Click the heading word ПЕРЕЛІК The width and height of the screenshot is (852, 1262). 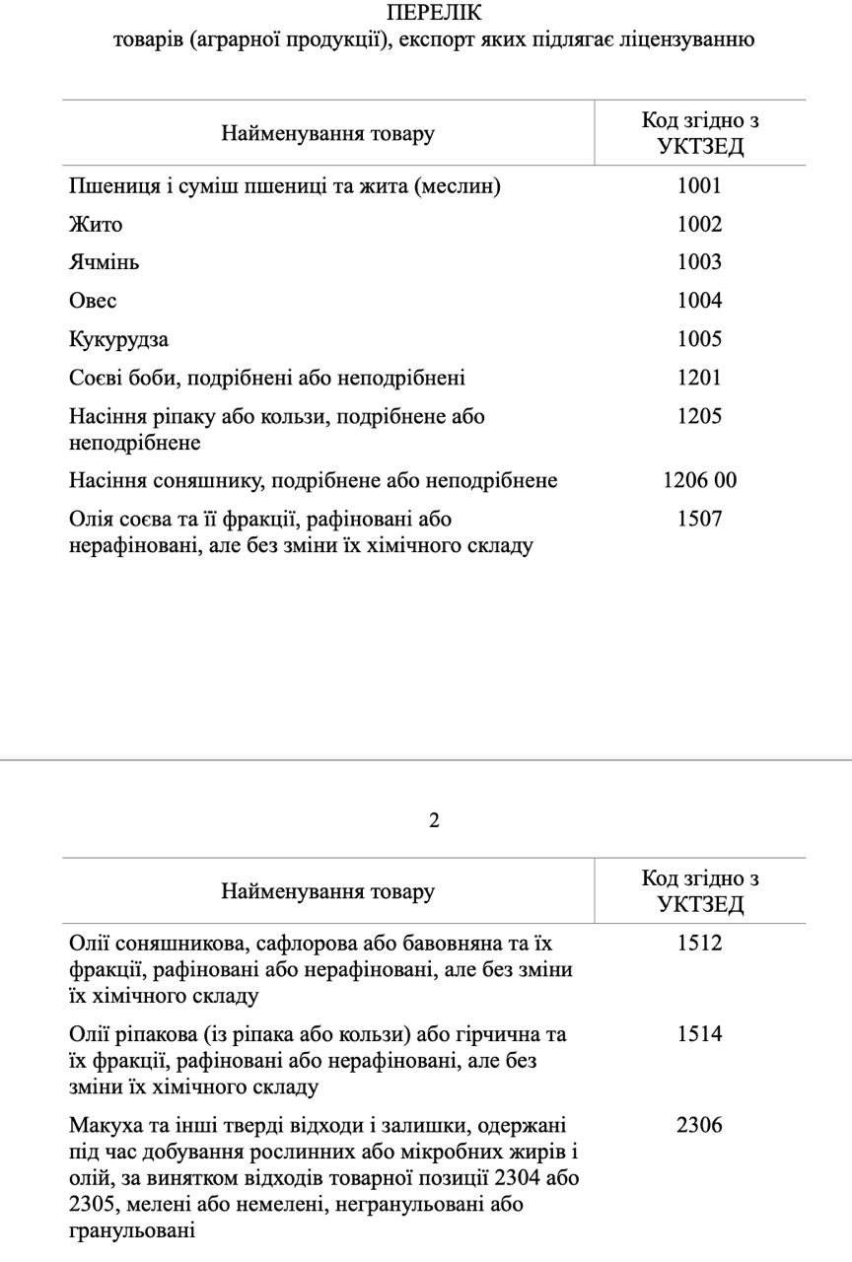[434, 13]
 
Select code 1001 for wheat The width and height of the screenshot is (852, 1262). [699, 185]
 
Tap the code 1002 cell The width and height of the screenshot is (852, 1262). [699, 224]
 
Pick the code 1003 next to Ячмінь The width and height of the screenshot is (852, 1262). [699, 262]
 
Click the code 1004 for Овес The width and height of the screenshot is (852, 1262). [699, 301]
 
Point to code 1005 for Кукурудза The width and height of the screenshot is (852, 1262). [699, 339]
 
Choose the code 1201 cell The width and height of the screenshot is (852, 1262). [699, 378]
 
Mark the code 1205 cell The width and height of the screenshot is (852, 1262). [699, 416]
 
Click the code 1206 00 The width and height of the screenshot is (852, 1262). [699, 480]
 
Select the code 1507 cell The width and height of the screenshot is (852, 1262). [699, 519]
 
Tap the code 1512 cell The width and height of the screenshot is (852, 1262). [699, 943]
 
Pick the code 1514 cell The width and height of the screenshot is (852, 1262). [699, 1033]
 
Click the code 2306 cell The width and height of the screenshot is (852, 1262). [699, 1124]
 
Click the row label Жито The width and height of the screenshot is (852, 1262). [96, 225]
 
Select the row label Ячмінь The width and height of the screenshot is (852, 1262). [104, 263]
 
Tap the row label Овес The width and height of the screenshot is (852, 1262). [93, 301]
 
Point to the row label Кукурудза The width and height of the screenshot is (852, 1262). [118, 340]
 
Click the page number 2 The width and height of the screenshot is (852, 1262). [434, 820]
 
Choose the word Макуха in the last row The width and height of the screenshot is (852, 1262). [104, 1125]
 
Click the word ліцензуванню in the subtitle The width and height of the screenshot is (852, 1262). [689, 39]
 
